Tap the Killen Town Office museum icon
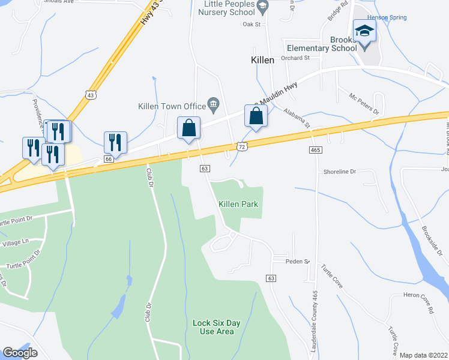pyautogui.click(x=213, y=106)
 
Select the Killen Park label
pyautogui.click(x=238, y=204)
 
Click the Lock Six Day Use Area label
pyautogui.click(x=217, y=327)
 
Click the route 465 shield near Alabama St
pyautogui.click(x=315, y=149)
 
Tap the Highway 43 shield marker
pyautogui.click(x=91, y=95)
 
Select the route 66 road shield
pyautogui.click(x=108, y=159)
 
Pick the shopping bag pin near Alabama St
pyautogui.click(x=256, y=116)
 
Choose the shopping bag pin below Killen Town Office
pyautogui.click(x=188, y=128)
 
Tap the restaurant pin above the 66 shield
pyautogui.click(x=115, y=142)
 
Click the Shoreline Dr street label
pyautogui.click(x=340, y=172)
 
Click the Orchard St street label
pyautogui.click(x=294, y=58)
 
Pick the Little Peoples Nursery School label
pyautogui.click(x=225, y=8)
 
